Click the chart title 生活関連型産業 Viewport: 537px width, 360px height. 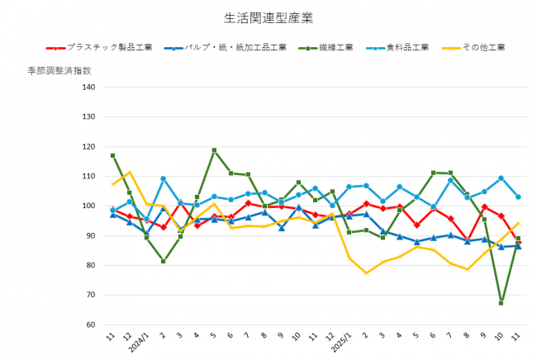268,16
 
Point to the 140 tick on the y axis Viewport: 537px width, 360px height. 89,87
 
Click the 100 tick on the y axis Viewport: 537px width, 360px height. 89,206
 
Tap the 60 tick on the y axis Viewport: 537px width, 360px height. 92,324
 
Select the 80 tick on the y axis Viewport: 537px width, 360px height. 92,265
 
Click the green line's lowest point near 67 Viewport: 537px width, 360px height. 501,303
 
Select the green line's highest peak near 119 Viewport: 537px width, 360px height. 214,150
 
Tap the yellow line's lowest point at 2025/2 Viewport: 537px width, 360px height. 366,272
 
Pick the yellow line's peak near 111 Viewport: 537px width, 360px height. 130,173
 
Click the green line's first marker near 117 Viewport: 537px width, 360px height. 113,155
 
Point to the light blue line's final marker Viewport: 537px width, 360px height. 517,197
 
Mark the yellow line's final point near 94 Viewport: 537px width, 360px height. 517,223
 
